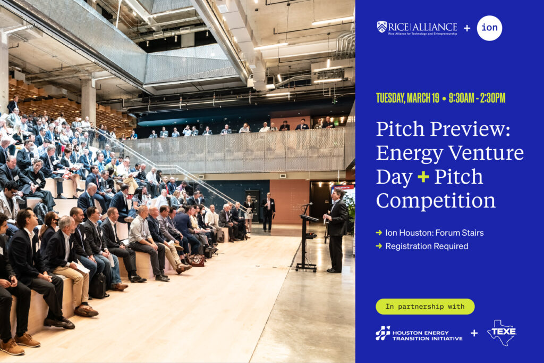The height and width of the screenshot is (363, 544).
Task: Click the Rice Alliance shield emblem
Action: tap(381, 27)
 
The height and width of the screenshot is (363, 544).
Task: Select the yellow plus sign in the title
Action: tap(423, 177)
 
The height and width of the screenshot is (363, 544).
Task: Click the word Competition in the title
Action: tap(436, 201)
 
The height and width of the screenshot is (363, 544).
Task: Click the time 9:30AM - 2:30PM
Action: tap(477, 98)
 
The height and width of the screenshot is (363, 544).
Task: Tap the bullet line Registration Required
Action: tap(426, 246)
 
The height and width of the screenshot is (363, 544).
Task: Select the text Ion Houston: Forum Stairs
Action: tap(434, 233)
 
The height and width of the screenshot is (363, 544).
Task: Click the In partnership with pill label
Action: tap(424, 307)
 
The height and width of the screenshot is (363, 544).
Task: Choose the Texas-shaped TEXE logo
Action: tap(501, 333)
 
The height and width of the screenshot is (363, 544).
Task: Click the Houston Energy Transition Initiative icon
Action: tap(382, 333)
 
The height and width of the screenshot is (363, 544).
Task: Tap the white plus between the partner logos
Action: tap(474, 333)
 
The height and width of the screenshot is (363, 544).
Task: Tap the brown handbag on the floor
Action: tap(196, 260)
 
